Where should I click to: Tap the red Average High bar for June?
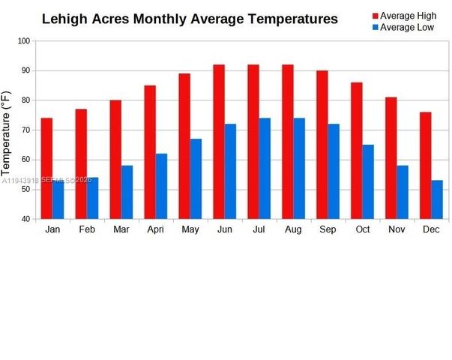[x=219, y=142]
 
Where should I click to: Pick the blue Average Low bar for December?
[x=436, y=199]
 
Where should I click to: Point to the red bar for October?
[x=356, y=151]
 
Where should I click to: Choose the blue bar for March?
[x=127, y=192]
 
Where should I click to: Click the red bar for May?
[x=184, y=146]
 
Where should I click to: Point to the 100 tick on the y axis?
[x=25, y=40]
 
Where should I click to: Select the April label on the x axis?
[x=156, y=229]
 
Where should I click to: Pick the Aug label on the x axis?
[x=293, y=229]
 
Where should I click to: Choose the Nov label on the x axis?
[x=397, y=229]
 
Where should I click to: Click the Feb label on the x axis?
[x=87, y=229]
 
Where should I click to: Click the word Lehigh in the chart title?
[x=64, y=19]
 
